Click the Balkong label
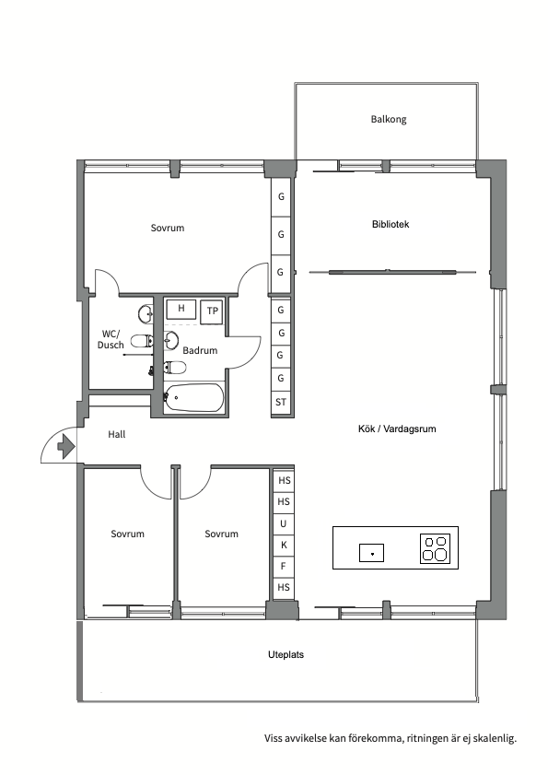[x=389, y=119]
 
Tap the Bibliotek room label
[x=391, y=224]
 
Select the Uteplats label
[x=286, y=654]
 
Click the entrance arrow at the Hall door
[x=66, y=446]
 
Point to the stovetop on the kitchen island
[x=435, y=548]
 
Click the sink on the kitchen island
[x=371, y=553]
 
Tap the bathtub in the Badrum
[x=193, y=397]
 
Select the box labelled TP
[x=212, y=311]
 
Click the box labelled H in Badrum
[x=181, y=309]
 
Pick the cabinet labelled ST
[x=281, y=402]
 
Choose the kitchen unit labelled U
[x=283, y=523]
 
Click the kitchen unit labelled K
[x=284, y=546]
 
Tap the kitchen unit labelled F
[x=283, y=567]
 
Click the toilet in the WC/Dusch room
[x=143, y=341]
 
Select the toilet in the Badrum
[x=175, y=368]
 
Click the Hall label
[x=117, y=434]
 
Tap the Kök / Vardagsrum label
[x=397, y=429]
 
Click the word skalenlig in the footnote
[x=495, y=739]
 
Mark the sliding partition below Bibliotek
[x=392, y=271]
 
